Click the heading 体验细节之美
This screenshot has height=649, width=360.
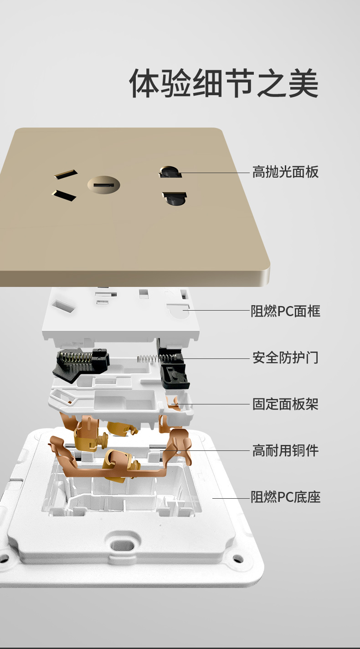coord(224,83)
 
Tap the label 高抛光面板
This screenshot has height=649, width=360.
coord(286,172)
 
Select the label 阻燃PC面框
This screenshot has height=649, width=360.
coord(286,311)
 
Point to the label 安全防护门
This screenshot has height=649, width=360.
coord(286,358)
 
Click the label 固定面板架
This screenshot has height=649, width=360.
coord(286,404)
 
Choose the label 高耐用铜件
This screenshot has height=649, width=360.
coord(286,450)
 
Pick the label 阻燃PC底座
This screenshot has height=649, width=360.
coord(286,497)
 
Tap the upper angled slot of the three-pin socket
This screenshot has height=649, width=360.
coord(66,174)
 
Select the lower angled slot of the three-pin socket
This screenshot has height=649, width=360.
coord(64,195)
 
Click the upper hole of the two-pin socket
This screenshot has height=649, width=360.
coord(170,172)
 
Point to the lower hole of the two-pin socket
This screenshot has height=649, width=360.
coord(175,199)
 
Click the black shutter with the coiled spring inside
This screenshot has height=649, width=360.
coord(81,365)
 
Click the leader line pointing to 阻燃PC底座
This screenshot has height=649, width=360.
coord(231,498)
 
